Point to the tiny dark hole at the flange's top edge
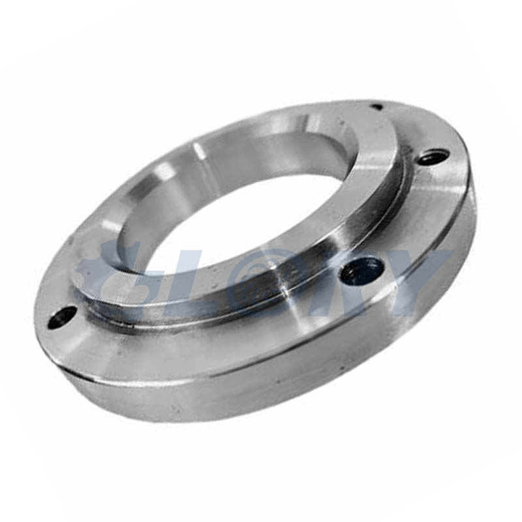tap(377, 107)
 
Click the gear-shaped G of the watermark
tap(106, 276)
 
